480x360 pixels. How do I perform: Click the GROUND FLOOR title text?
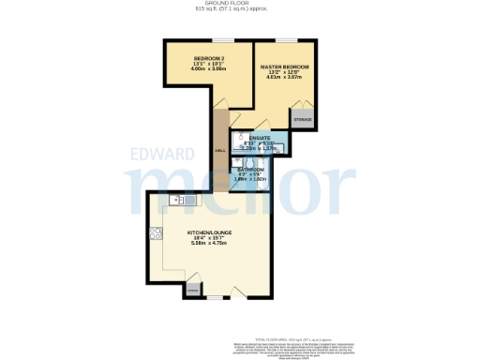[240, 4]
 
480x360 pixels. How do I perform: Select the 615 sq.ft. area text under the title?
[240, 9]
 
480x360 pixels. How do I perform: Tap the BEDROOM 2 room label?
[197, 57]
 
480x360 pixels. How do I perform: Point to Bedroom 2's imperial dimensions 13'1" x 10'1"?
[197, 64]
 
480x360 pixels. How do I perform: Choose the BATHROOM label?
[250, 170]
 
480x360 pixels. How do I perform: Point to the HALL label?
[219, 150]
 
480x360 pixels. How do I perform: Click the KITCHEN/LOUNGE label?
[211, 232]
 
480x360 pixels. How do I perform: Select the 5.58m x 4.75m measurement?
[211, 244]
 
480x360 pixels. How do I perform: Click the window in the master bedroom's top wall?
[280, 39]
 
